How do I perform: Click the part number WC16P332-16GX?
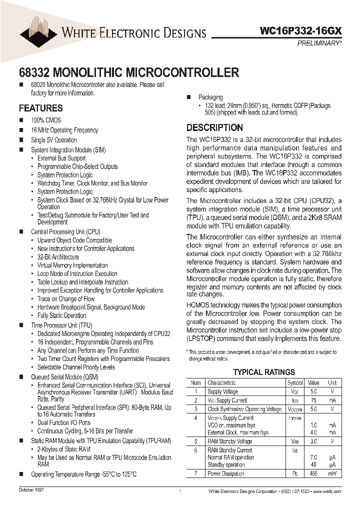301,31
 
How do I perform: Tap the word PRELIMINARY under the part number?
318,43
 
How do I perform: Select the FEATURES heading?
40,108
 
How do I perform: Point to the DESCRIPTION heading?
214,127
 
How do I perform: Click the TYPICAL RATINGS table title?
264,372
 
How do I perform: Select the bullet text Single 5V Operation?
53,140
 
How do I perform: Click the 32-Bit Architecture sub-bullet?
58,257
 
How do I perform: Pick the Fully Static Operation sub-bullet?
61,315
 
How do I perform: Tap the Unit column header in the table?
332,382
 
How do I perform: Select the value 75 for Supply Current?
313,400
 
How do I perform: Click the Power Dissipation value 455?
313,473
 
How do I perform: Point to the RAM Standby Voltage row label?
229,441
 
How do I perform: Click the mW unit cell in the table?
332,473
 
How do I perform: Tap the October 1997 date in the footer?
31,490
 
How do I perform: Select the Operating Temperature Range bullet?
83,474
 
